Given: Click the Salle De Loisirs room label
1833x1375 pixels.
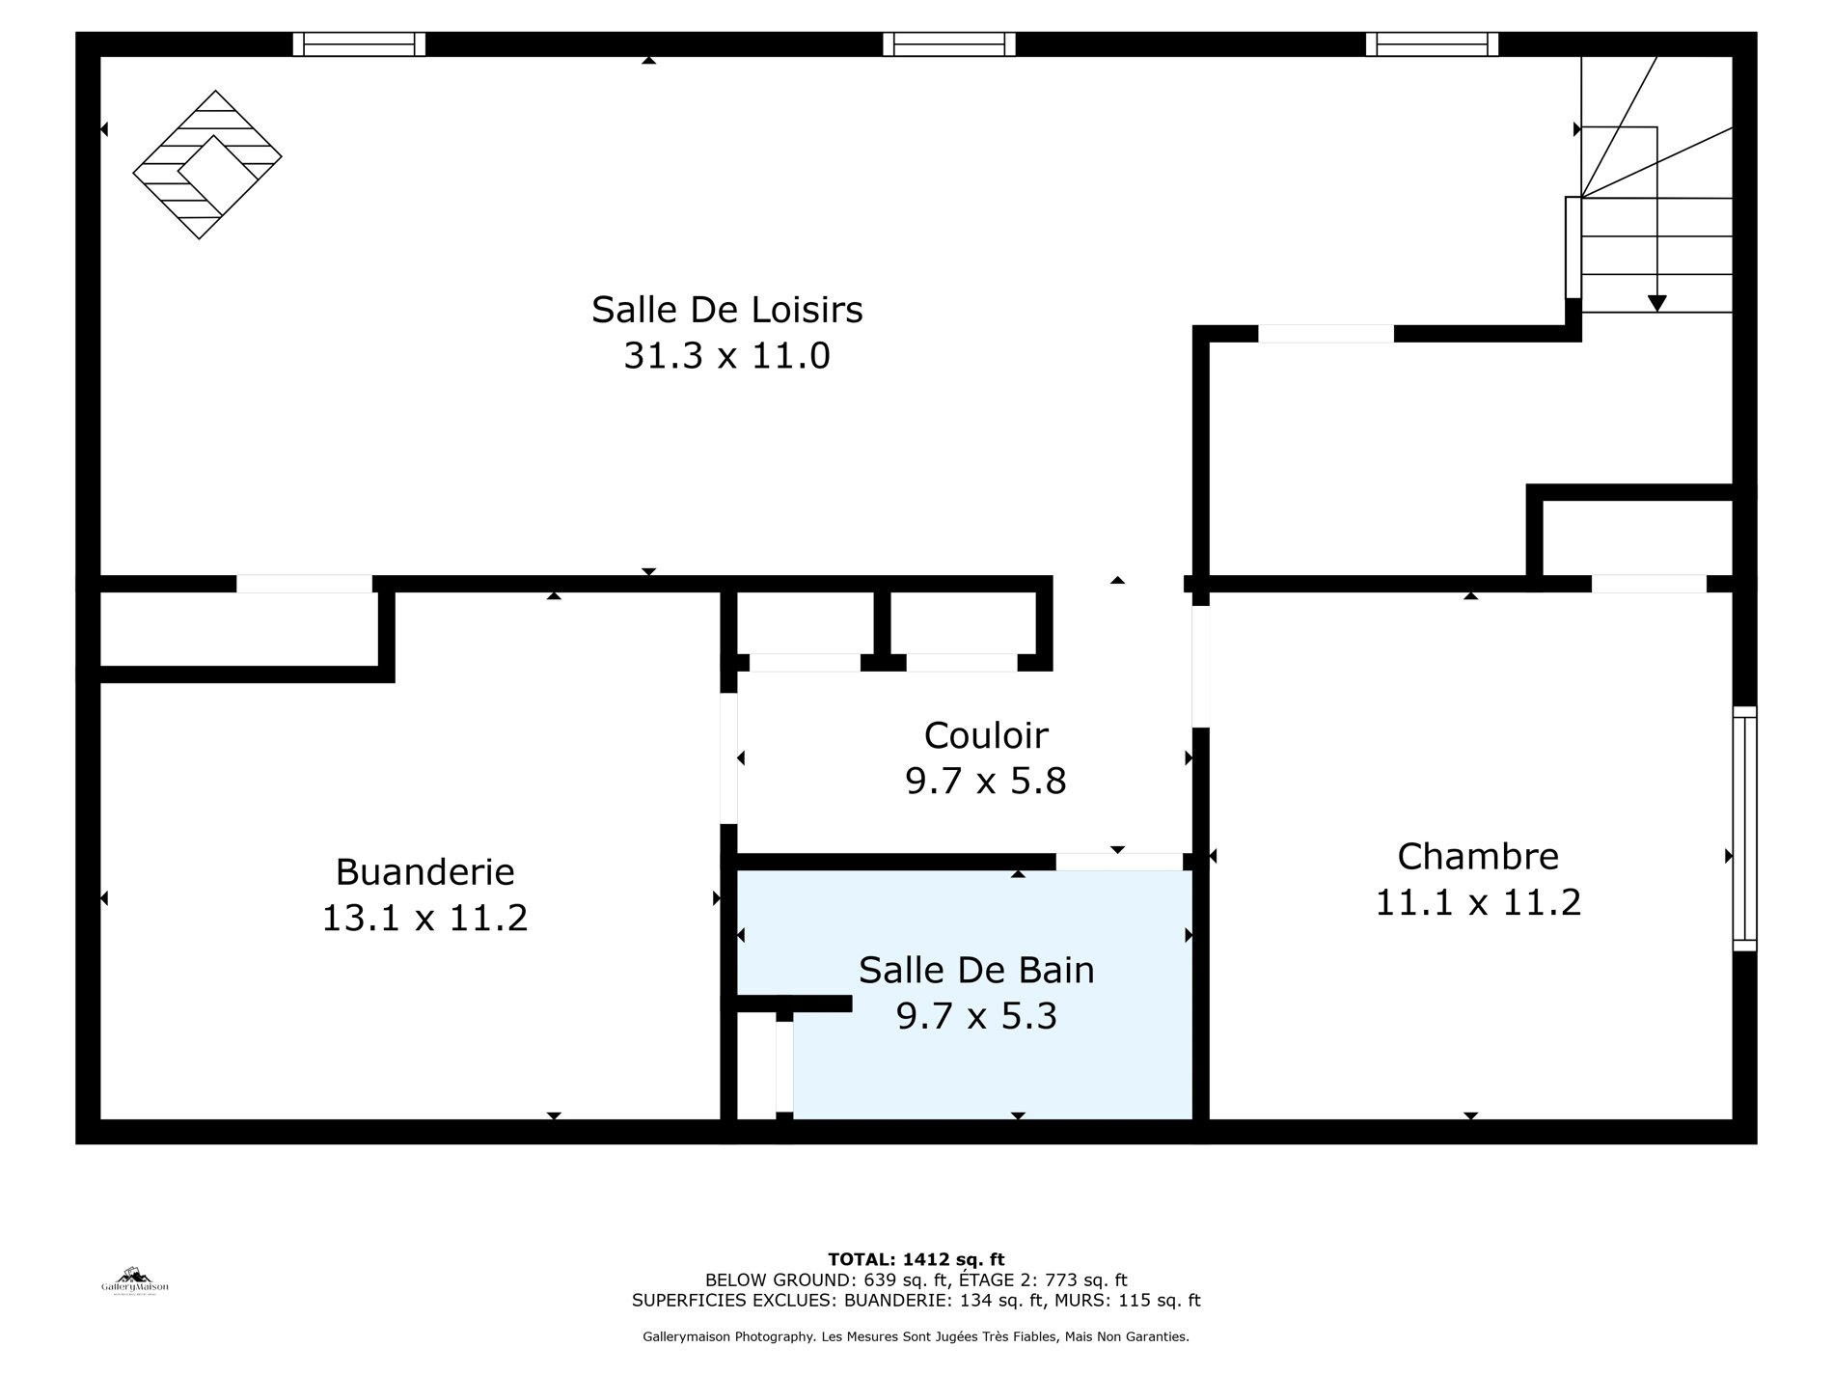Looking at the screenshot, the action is pos(726,310).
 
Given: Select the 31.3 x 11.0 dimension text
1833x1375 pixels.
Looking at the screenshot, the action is pos(726,356).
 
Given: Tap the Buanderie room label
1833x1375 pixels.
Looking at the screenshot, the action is pos(424,871).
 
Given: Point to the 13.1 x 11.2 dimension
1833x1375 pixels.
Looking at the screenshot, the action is pos(424,918).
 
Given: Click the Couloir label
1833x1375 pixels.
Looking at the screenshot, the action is pos(986,735).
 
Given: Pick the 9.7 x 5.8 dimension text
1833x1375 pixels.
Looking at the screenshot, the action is pos(986,781).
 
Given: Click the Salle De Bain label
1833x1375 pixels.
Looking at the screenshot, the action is pos(976,970).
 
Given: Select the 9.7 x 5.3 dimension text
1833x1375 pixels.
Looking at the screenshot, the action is pos(976,1016).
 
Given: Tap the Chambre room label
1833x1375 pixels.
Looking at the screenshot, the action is pos(1478,856).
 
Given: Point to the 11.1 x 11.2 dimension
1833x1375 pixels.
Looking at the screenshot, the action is pos(1478,902).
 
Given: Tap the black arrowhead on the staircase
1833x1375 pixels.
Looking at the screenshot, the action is pos(1656,303).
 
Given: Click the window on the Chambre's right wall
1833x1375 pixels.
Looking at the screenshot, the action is pos(1744,829).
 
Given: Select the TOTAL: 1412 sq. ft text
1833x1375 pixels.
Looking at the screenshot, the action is pos(916,1259).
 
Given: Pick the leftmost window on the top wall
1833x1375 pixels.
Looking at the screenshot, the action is pos(359,44).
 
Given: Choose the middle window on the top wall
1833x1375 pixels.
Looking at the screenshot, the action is pos(949,44).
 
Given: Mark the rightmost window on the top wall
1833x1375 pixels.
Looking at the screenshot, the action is pos(1432,44).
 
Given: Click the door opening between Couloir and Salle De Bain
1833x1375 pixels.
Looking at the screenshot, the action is pos(1119,862).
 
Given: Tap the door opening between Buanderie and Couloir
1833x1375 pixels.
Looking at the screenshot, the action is pos(729,758).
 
